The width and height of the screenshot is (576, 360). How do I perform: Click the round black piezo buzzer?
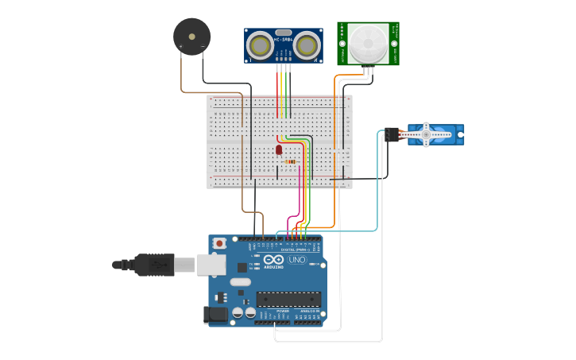[x=191, y=36]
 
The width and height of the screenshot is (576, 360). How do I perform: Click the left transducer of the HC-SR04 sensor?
[x=259, y=46]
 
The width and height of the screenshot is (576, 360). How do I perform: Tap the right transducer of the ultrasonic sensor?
[x=307, y=46]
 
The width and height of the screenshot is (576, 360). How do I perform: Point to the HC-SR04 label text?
[x=283, y=39]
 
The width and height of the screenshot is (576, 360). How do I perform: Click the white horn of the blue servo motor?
[x=427, y=134]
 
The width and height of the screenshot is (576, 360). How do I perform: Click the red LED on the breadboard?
[x=279, y=149]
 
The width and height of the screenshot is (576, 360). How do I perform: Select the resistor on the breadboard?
[x=290, y=161]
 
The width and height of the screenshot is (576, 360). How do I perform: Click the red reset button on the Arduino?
[x=219, y=242]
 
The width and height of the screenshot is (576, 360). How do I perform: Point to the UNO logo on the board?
[x=296, y=260]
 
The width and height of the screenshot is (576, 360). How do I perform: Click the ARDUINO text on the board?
[x=274, y=267]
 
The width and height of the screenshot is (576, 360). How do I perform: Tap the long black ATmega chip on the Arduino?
[x=288, y=300]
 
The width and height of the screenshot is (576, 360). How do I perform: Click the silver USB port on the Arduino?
[x=211, y=265]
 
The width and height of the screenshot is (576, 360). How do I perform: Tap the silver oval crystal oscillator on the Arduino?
[x=239, y=281]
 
